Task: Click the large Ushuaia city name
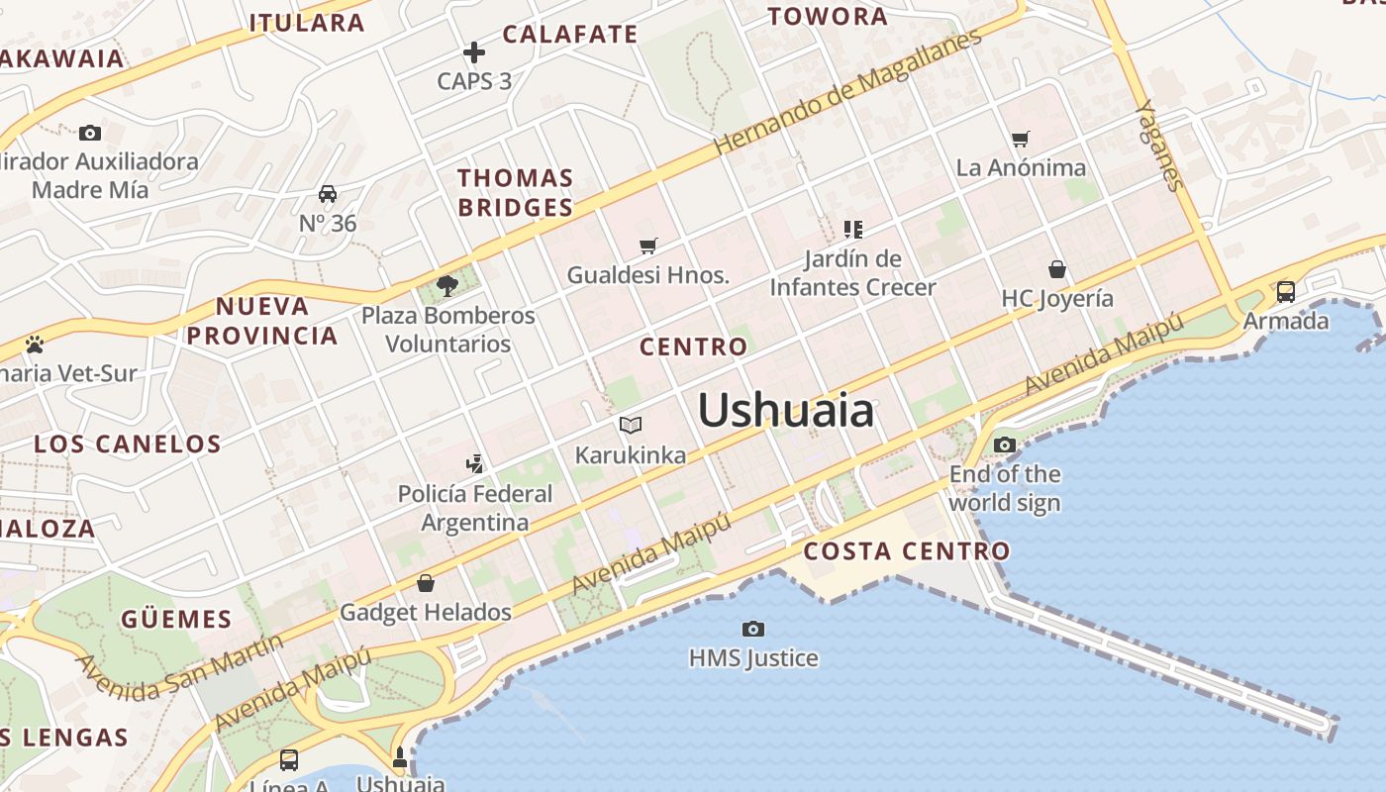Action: click(786, 410)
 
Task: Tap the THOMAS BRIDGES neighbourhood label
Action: click(515, 192)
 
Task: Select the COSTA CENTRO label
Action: click(907, 551)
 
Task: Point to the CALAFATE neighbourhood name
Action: click(570, 35)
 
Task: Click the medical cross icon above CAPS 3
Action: click(474, 52)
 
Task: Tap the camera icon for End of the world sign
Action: click(1005, 445)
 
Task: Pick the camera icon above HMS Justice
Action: click(753, 629)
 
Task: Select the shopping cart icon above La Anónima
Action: click(1021, 139)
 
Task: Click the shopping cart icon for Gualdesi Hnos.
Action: click(648, 246)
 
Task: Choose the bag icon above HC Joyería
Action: click(1057, 269)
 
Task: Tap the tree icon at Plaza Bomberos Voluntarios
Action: click(447, 286)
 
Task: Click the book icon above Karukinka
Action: click(631, 426)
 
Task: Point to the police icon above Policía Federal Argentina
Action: click(475, 463)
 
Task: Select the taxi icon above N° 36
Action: click(328, 194)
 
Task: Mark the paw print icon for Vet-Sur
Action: click(35, 345)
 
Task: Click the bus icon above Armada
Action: click(1286, 291)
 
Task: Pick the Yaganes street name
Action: click(1159, 145)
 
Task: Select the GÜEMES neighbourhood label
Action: click(176, 620)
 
